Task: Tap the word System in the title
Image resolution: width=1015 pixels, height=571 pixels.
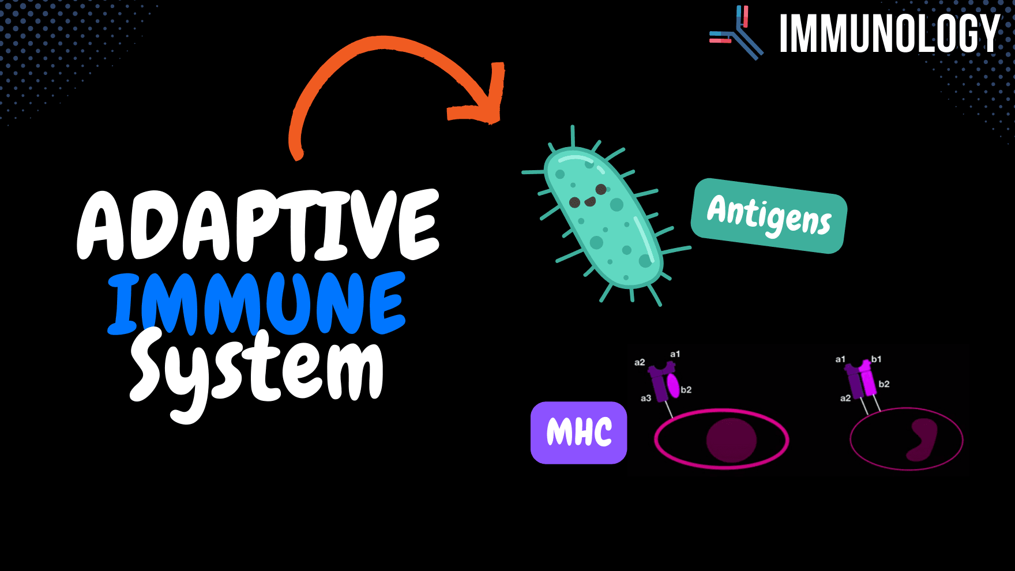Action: tap(257, 369)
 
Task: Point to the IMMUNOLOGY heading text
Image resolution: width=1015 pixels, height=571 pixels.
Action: tap(889, 34)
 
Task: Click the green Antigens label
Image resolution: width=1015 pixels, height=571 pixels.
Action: tap(769, 216)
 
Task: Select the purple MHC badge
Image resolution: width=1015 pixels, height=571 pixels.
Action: tap(578, 433)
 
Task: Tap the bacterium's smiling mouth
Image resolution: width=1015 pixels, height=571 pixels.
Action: tap(590, 201)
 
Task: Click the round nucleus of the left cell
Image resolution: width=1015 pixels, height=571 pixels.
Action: tap(731, 440)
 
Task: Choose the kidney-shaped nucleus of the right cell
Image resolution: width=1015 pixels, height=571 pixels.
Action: tap(922, 439)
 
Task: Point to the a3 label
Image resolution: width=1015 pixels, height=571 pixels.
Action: tap(646, 398)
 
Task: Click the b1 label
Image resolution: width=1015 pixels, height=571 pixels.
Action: tap(876, 359)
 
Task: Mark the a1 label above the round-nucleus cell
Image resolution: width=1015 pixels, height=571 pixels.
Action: tap(675, 354)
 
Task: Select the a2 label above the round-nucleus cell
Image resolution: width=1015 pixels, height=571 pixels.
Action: tap(640, 362)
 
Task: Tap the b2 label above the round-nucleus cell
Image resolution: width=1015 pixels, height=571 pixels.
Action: tap(686, 390)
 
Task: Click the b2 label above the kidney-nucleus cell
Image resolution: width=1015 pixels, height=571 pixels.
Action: tap(884, 384)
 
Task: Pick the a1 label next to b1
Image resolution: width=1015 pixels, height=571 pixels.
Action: tap(840, 359)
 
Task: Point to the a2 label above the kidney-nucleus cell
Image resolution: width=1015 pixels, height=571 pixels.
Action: tap(845, 398)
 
